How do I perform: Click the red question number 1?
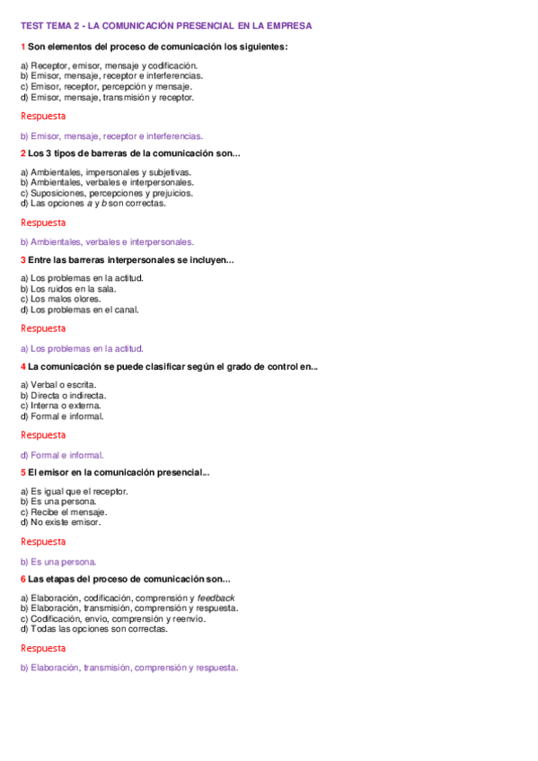[23, 46]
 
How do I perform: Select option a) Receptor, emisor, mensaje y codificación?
[109, 66]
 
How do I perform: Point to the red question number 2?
[23, 153]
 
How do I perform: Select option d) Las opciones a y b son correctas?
[93, 203]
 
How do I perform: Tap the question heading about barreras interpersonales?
[130, 259]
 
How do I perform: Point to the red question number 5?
[23, 472]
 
